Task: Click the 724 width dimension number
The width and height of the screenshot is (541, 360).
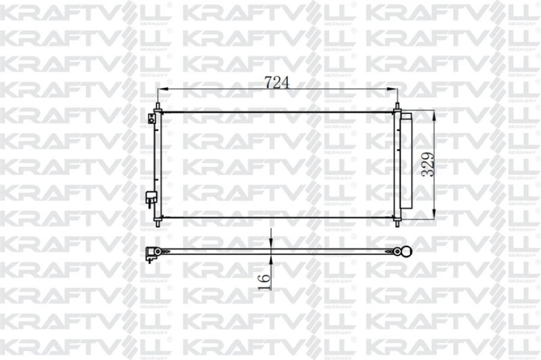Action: [277, 82]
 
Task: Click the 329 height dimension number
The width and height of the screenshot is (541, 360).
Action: [427, 165]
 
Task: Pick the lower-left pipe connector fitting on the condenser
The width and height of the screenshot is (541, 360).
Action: [151, 197]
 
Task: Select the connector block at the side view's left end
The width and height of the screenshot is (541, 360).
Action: [151, 253]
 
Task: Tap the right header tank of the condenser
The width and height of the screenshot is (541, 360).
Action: [397, 165]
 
